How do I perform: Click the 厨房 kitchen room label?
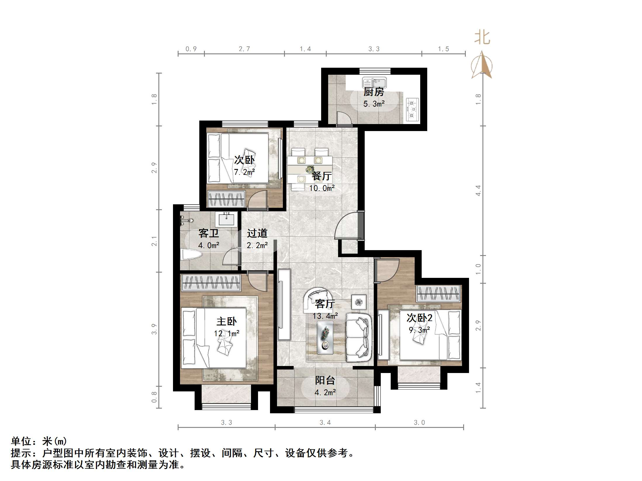373,92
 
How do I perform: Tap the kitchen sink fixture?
374,83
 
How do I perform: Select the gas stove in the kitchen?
412,109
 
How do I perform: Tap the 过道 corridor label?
257,233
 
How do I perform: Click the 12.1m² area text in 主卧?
226,333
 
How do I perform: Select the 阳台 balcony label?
325,380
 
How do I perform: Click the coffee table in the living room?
325,338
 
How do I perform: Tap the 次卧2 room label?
419,318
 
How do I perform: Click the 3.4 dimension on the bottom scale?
325,422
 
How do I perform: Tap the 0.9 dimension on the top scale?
191,49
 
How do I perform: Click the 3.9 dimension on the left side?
154,329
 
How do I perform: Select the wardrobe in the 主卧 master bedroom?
211,283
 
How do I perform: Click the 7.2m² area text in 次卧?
244,172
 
